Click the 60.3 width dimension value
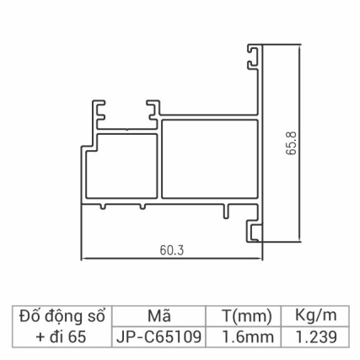coord(171,250)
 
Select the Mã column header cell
coord(159,316)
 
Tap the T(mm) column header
coord(245,316)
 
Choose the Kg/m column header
coord(315,316)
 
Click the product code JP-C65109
coord(159,336)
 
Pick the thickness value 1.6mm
coord(245,336)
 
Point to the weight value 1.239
coord(315,336)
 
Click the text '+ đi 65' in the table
coord(60,336)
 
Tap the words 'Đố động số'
coord(60,316)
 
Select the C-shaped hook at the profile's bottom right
coord(253,229)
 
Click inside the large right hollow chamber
coord(207,160)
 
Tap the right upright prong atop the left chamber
coord(153,108)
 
